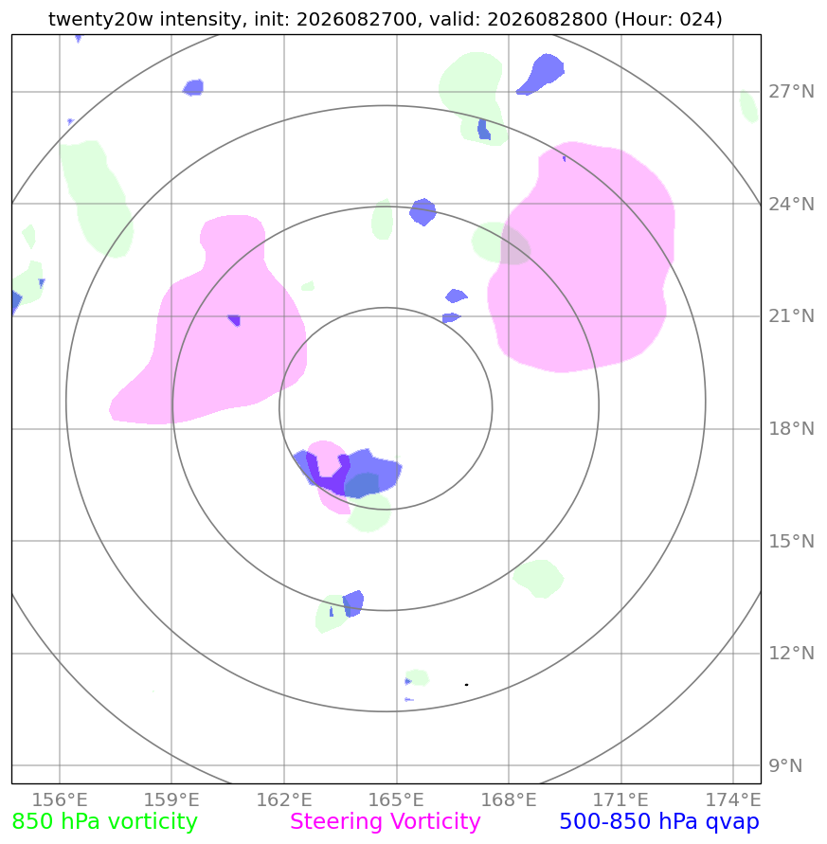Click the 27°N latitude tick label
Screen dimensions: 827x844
pos(791,92)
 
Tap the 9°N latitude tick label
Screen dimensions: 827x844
pos(785,765)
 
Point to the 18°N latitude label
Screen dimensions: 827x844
pos(791,429)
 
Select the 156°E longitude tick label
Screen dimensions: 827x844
pos(60,799)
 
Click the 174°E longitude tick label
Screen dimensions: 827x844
pos(733,799)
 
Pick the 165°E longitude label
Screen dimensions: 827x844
pos(396,799)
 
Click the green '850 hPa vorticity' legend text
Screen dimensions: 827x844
pos(104,822)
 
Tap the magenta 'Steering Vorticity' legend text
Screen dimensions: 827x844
pos(385,822)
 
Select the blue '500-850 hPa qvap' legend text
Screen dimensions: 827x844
pos(659,822)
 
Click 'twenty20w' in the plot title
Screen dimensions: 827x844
pos(100,19)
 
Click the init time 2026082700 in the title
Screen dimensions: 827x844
pos(356,19)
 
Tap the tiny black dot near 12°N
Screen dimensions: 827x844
pos(466,685)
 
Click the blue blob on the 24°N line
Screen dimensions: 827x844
pos(422,211)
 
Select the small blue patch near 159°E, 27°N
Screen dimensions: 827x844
pos(193,87)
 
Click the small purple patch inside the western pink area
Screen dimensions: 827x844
pos(234,320)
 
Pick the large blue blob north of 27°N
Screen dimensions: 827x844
pos(541,74)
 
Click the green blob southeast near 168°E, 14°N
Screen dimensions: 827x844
pos(538,579)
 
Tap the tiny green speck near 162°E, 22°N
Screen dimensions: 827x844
pos(308,286)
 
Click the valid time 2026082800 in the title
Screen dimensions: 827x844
pos(547,19)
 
